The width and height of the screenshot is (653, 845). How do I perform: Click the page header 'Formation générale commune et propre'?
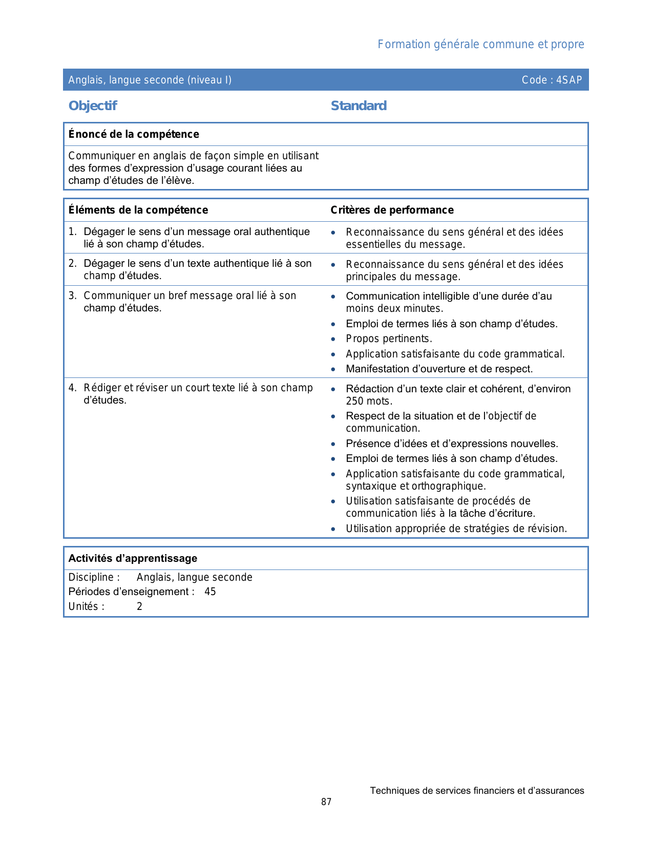click(x=480, y=45)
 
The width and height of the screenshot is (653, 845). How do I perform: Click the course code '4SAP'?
click(x=569, y=80)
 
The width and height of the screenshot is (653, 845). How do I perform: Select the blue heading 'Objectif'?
click(x=93, y=106)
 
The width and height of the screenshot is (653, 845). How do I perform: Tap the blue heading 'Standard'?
click(x=359, y=106)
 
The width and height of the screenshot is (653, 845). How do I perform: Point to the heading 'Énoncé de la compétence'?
click(x=134, y=134)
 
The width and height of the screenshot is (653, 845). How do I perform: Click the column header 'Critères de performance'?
click(x=392, y=210)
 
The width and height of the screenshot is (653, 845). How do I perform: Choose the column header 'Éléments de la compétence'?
click(x=138, y=210)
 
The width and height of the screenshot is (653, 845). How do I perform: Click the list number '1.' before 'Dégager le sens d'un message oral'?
click(x=72, y=232)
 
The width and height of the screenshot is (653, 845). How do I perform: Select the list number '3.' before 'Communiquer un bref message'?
click(x=72, y=295)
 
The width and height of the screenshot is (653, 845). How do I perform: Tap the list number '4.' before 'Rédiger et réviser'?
click(x=72, y=388)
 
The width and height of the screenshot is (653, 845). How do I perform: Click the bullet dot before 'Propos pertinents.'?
click(x=333, y=339)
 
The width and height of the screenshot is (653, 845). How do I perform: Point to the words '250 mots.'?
click(x=369, y=401)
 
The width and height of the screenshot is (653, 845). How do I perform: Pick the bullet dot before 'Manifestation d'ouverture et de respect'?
click(x=333, y=369)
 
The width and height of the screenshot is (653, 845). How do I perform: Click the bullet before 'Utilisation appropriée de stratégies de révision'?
click(x=333, y=529)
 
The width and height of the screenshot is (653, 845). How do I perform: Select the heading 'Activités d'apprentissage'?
click(x=133, y=558)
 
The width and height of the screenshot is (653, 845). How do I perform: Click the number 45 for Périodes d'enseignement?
click(x=210, y=591)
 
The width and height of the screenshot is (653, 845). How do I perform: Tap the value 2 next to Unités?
click(x=139, y=606)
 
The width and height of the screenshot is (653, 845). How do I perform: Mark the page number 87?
click(x=326, y=802)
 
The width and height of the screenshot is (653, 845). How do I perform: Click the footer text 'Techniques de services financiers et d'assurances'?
click(x=477, y=791)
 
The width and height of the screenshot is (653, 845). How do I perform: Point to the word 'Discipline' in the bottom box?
click(x=91, y=577)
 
